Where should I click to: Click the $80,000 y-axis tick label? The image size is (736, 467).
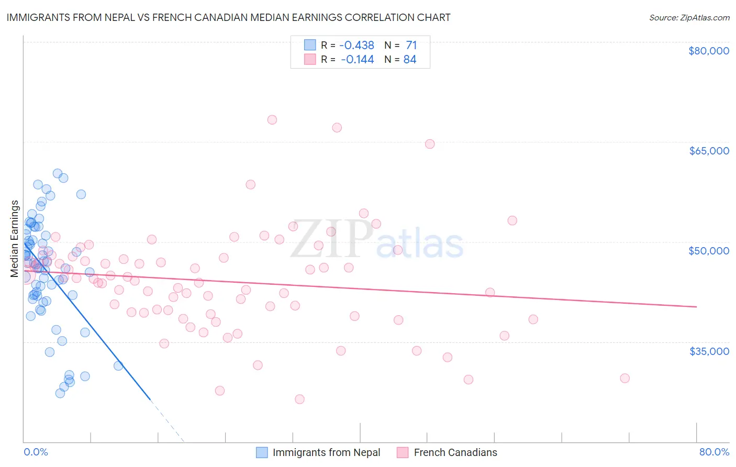click(x=709, y=51)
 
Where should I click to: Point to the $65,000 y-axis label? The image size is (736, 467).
click(x=709, y=151)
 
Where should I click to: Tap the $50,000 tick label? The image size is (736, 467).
click(x=709, y=251)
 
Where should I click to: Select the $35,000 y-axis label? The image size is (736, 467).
click(x=709, y=351)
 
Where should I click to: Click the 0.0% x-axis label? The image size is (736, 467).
click(x=36, y=452)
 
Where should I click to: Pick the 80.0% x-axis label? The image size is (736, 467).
click(x=714, y=452)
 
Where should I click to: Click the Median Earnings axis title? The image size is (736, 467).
click(x=15, y=238)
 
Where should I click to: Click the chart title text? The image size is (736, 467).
click(x=228, y=17)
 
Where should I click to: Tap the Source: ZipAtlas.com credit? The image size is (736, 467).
click(x=689, y=17)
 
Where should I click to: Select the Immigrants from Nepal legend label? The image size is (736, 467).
click(x=326, y=452)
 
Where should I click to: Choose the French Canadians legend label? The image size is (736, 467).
click(x=455, y=452)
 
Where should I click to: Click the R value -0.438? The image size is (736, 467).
click(x=357, y=46)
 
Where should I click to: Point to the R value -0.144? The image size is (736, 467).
click(x=357, y=60)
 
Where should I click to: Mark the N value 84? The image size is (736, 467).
click(x=410, y=60)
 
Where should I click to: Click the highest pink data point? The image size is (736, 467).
click(x=272, y=119)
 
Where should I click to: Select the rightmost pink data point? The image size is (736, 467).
click(x=625, y=378)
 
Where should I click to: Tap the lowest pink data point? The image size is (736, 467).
click(x=299, y=399)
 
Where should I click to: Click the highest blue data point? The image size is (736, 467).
click(x=58, y=173)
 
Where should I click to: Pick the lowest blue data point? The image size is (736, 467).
click(x=60, y=393)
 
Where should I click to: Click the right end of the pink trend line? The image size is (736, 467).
click(x=697, y=307)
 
